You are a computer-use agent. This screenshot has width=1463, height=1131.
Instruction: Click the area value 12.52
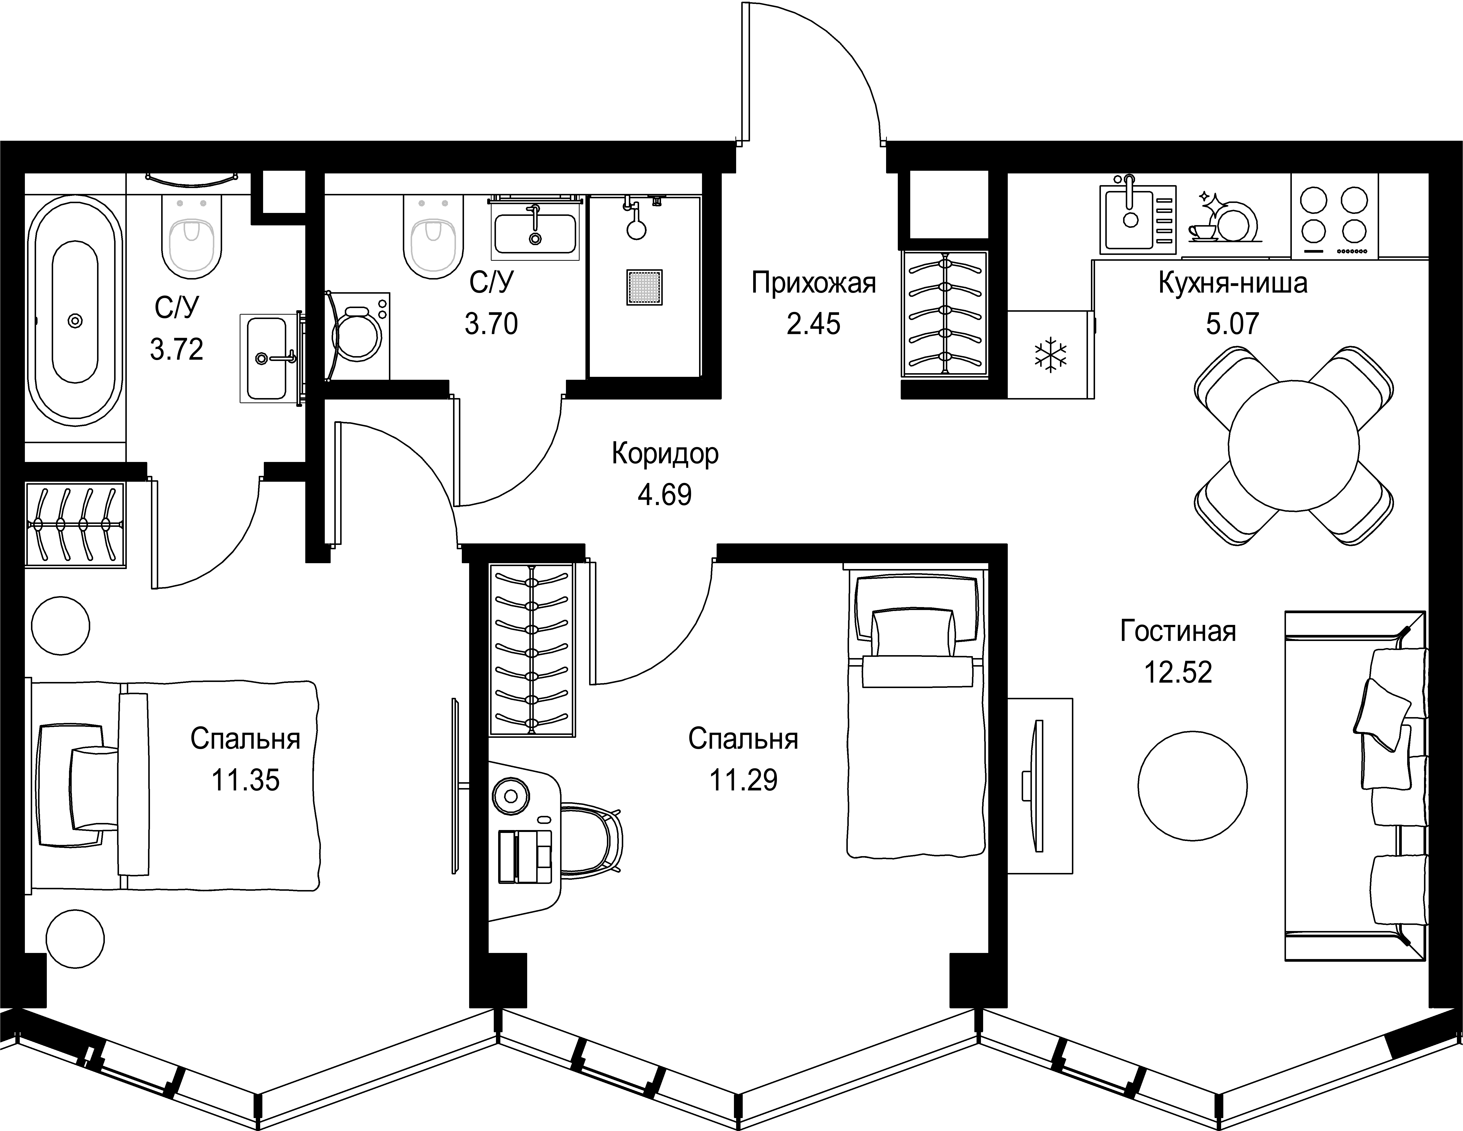[1178, 672]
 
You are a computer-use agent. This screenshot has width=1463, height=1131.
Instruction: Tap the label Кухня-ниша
[1233, 283]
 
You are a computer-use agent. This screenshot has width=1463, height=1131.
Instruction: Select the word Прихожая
[813, 283]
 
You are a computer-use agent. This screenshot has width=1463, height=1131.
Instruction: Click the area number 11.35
[245, 780]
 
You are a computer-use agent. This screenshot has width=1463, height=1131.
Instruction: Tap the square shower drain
[644, 287]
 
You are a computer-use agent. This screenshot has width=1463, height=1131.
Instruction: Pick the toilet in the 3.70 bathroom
[433, 238]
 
